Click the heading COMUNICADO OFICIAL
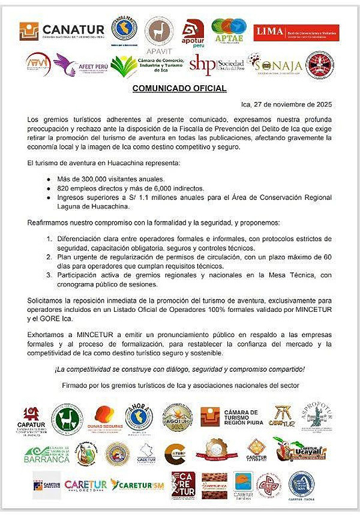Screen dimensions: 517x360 point(179,89)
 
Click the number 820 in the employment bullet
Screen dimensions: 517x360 point(62,188)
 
